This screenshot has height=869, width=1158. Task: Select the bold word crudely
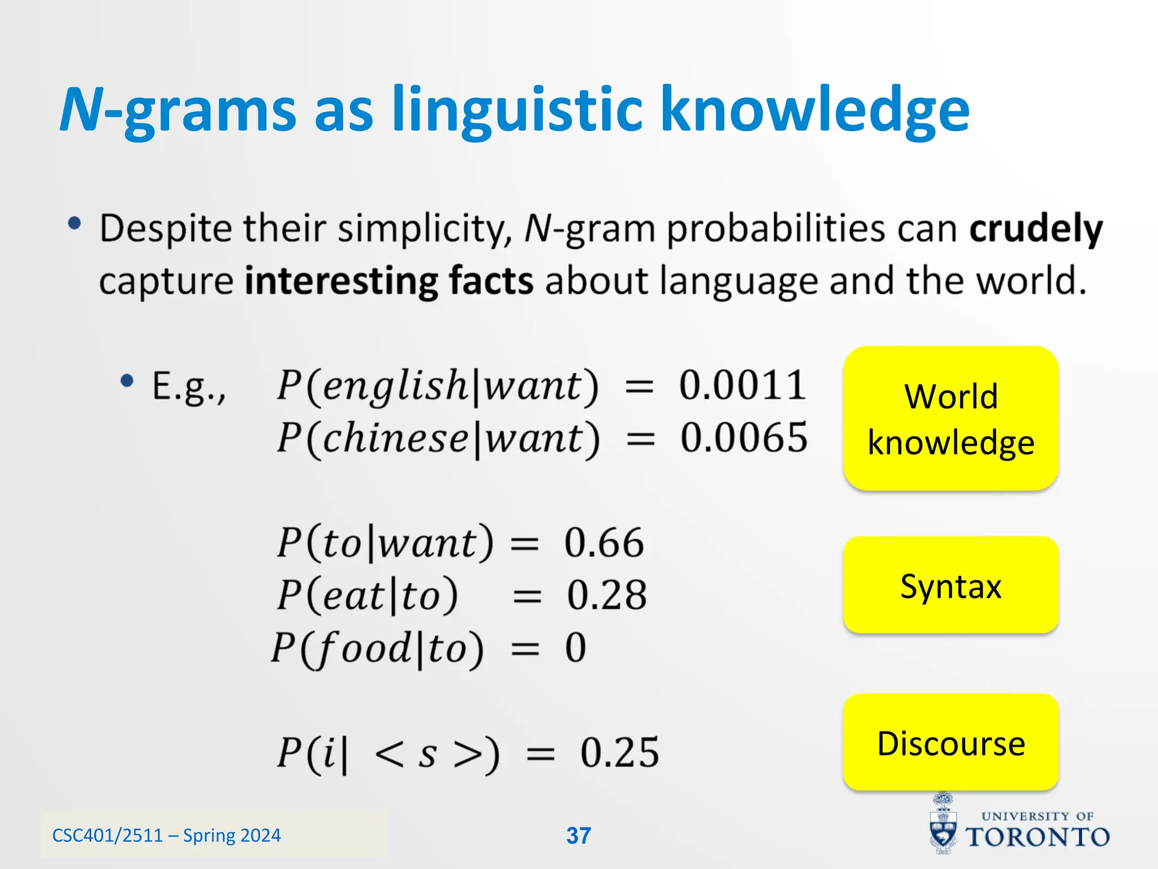1036,229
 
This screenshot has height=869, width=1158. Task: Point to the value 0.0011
742,386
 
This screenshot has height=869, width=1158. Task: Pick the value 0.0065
744,438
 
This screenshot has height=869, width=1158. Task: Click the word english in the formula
395,386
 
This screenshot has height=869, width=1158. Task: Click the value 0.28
607,595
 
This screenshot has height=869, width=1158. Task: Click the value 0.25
620,753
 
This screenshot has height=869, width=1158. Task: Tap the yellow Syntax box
950,585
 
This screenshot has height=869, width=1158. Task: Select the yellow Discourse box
950,742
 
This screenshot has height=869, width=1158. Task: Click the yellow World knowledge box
950,419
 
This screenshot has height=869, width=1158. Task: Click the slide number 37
578,836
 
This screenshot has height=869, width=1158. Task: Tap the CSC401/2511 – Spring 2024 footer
166,836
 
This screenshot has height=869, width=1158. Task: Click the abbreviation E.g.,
189,387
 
